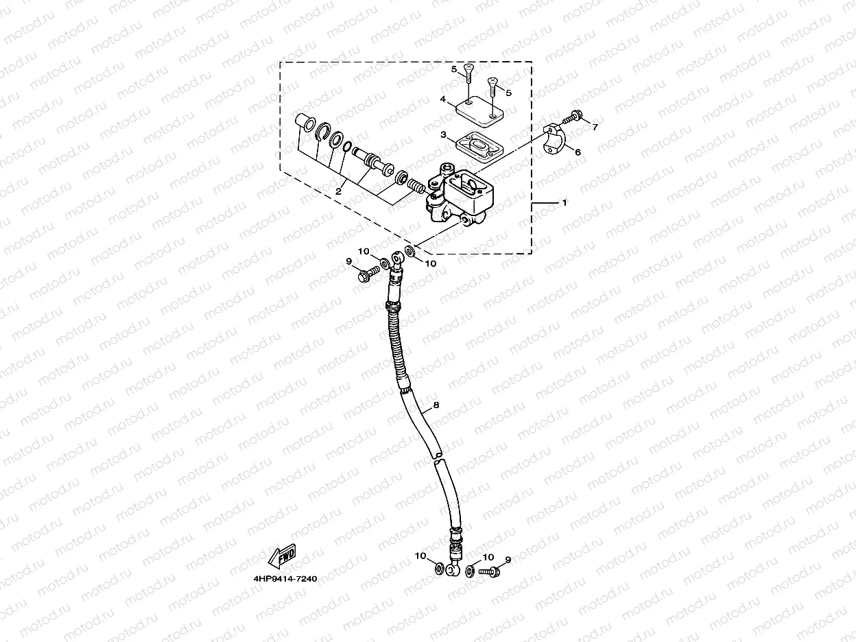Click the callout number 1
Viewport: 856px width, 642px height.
[x=564, y=203]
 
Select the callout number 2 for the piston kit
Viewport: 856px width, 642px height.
[x=338, y=193]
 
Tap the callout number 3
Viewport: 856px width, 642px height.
[x=444, y=136]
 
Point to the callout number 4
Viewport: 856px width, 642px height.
[x=444, y=99]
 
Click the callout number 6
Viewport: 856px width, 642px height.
[x=578, y=152]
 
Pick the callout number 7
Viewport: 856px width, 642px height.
[x=595, y=127]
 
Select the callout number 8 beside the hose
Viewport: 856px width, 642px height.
[x=434, y=407]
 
